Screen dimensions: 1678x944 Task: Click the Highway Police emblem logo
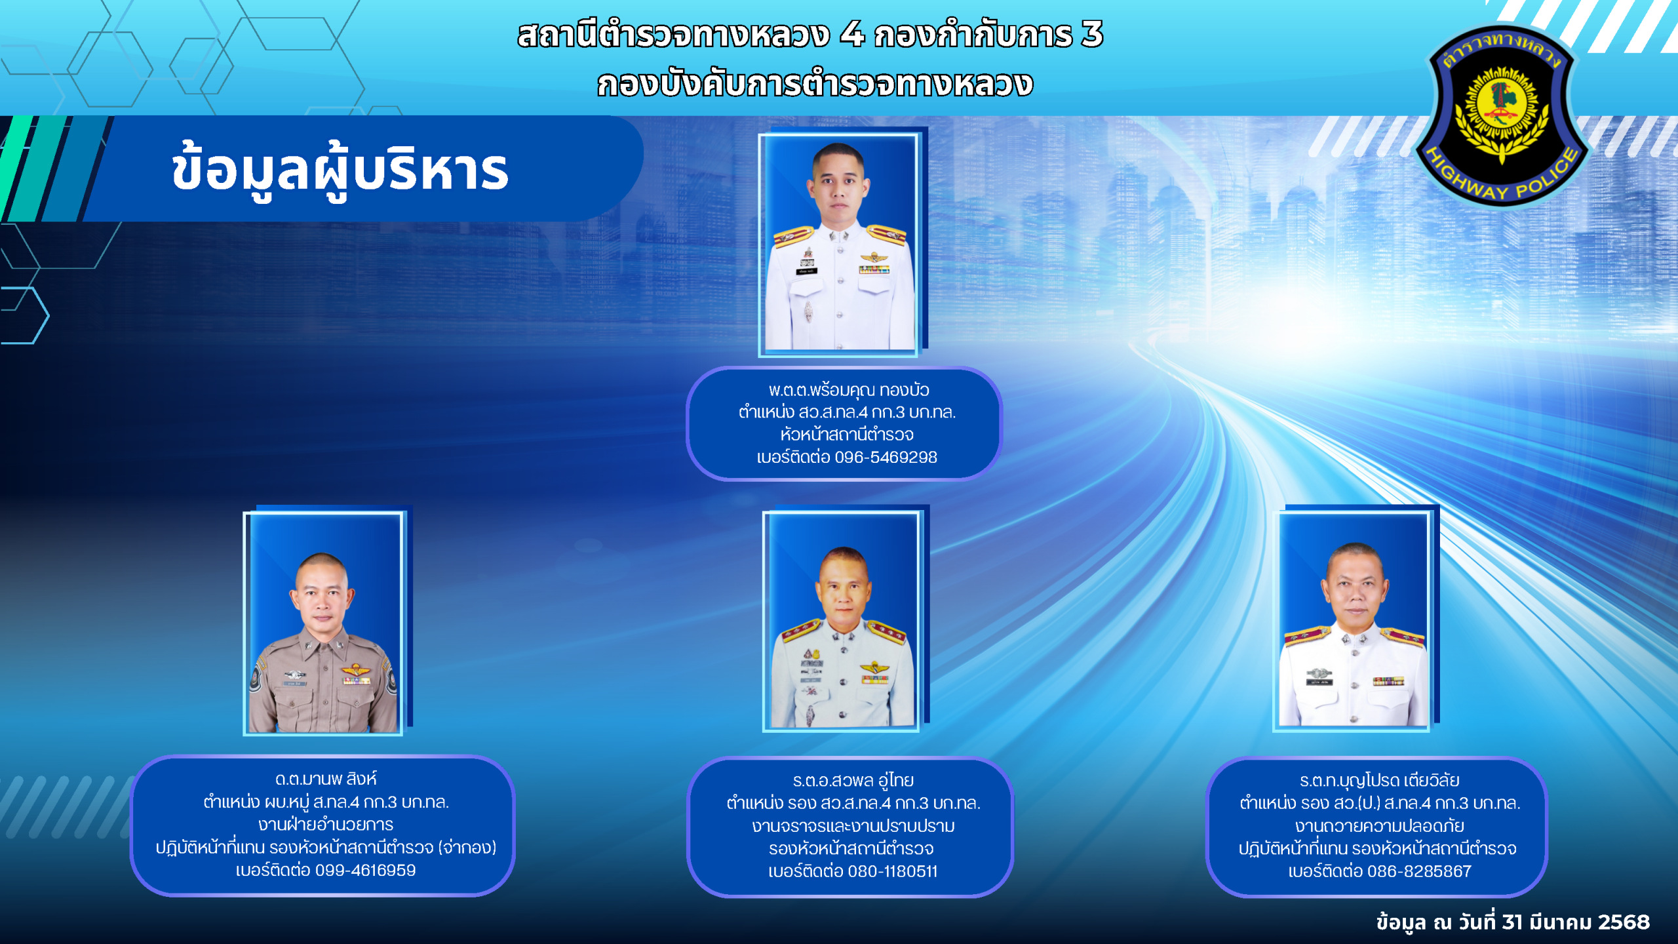point(1502,115)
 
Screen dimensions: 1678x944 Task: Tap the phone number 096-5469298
point(886,457)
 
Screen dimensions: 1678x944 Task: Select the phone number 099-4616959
point(365,870)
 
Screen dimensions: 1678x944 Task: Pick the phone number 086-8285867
point(1419,871)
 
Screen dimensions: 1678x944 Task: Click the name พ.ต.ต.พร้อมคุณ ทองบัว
point(849,390)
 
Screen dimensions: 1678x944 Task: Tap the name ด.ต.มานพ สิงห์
point(326,779)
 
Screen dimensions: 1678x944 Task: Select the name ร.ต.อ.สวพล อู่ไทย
point(853,780)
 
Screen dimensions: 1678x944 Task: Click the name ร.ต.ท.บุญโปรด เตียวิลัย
point(1379,780)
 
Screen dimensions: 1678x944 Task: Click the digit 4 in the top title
point(852,34)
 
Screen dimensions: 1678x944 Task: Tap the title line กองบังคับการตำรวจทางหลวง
point(815,84)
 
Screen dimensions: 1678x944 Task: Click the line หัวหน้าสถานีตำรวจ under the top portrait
point(847,434)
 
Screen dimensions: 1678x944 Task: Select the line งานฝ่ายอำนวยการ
point(326,824)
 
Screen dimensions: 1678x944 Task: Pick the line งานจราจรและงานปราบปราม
point(853,825)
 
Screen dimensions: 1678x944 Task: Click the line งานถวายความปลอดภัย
point(1379,825)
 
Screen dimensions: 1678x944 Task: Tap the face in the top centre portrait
point(840,187)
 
